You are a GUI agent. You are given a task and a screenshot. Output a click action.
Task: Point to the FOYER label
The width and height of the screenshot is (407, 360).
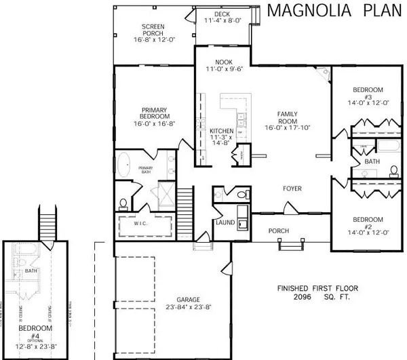(x=292, y=188)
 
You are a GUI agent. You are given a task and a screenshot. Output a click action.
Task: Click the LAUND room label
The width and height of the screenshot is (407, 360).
(x=225, y=222)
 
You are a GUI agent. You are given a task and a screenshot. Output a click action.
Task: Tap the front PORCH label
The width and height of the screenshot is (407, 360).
(x=279, y=230)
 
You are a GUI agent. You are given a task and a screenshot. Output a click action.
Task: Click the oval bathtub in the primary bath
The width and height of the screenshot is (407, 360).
(x=123, y=167)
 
